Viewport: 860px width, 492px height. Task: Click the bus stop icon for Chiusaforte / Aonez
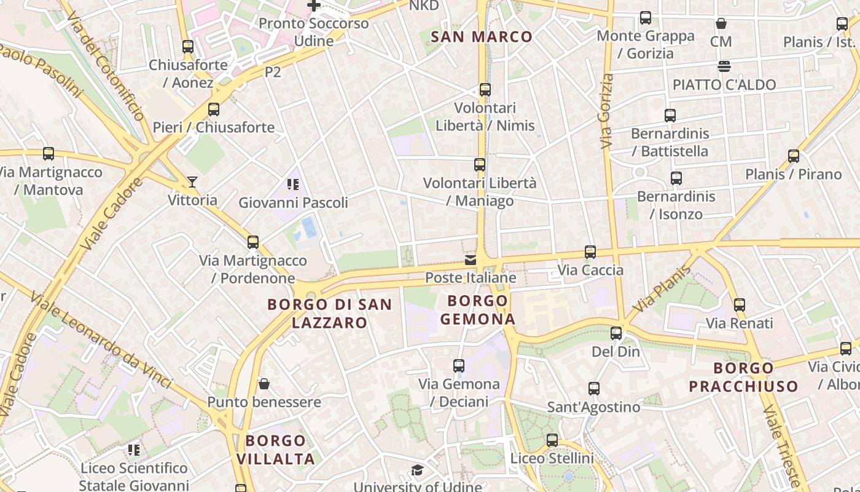point(188,47)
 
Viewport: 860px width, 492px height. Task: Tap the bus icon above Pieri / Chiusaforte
point(213,109)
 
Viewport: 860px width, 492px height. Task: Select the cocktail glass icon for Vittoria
point(192,182)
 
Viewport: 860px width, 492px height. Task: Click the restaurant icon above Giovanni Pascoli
point(292,184)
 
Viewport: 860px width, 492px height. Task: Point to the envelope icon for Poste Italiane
point(471,260)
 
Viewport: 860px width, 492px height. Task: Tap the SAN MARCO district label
point(482,37)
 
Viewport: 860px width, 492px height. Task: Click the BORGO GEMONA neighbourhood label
point(478,310)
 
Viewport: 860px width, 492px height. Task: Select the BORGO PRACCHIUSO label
point(743,378)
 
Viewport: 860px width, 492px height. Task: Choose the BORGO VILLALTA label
point(275,450)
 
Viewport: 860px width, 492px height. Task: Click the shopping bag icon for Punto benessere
point(264,384)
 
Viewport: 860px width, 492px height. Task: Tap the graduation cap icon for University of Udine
point(417,471)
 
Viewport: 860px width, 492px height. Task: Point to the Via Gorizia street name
point(607,111)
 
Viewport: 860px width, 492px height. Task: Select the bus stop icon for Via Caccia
point(590,252)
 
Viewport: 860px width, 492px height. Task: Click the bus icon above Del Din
point(616,334)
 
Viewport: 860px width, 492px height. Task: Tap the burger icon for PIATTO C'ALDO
point(724,66)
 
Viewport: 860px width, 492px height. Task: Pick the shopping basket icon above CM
point(721,24)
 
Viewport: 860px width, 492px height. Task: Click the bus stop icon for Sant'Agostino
point(593,389)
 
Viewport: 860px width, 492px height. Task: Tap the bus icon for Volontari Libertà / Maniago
point(480,165)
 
